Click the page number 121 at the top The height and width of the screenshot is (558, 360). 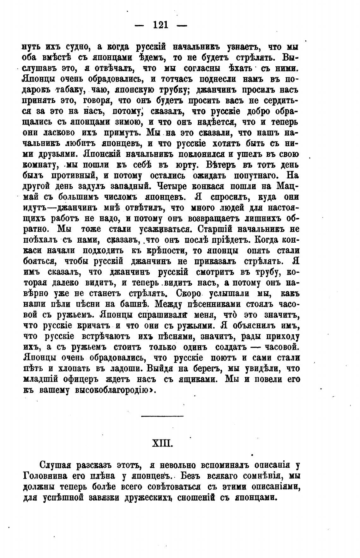pos(161,24)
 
